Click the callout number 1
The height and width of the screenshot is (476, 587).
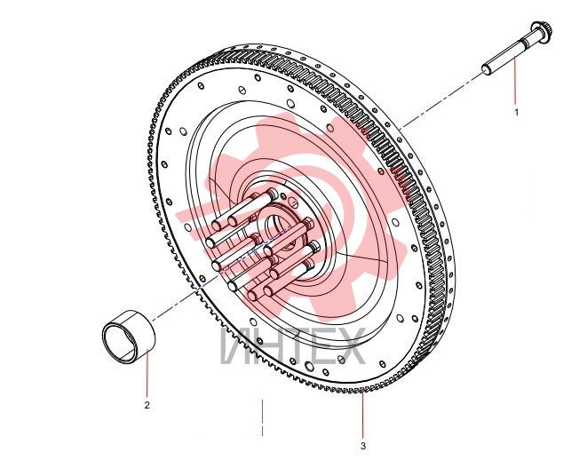click(x=517, y=112)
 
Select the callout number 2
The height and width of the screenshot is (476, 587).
click(x=147, y=405)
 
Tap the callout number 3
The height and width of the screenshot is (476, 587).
click(x=362, y=446)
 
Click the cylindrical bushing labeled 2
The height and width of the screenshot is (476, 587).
click(x=129, y=336)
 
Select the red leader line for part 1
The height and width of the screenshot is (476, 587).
click(x=515, y=80)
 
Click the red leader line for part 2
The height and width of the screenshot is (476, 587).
click(x=147, y=372)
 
